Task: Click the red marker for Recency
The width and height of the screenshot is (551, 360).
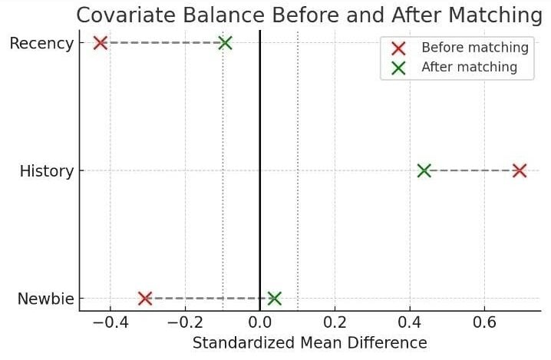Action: click(100, 43)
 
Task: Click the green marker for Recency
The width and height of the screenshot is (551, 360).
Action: click(225, 43)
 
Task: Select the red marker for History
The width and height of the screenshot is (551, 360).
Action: click(520, 170)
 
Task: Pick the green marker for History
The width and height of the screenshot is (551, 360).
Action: click(424, 170)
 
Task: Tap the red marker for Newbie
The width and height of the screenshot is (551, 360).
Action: click(145, 298)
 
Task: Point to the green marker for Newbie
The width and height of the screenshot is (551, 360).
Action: click(274, 298)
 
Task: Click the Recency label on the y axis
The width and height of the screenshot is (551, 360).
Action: click(41, 44)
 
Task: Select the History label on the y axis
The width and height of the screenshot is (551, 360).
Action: click(47, 171)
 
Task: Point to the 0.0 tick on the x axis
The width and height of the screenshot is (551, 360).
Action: click(260, 320)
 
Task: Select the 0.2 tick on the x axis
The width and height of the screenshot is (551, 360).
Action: click(335, 320)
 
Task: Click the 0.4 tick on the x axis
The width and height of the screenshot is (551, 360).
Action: click(410, 320)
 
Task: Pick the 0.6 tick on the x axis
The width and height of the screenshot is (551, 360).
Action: click(485, 320)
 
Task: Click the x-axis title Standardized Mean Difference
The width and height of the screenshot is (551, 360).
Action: click(309, 342)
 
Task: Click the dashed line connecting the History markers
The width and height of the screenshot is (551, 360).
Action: click(471, 170)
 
